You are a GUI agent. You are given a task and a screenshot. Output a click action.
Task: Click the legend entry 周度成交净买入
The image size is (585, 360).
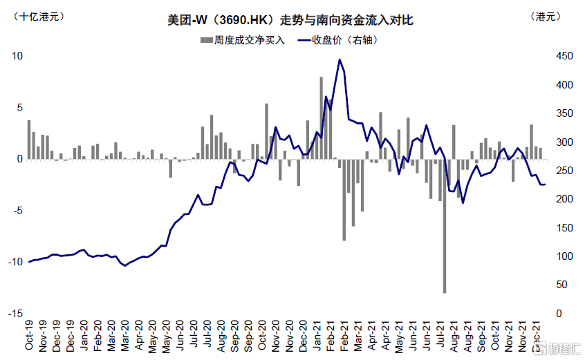click(x=242, y=40)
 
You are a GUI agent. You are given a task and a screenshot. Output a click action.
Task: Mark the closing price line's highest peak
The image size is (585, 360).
click(x=340, y=59)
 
